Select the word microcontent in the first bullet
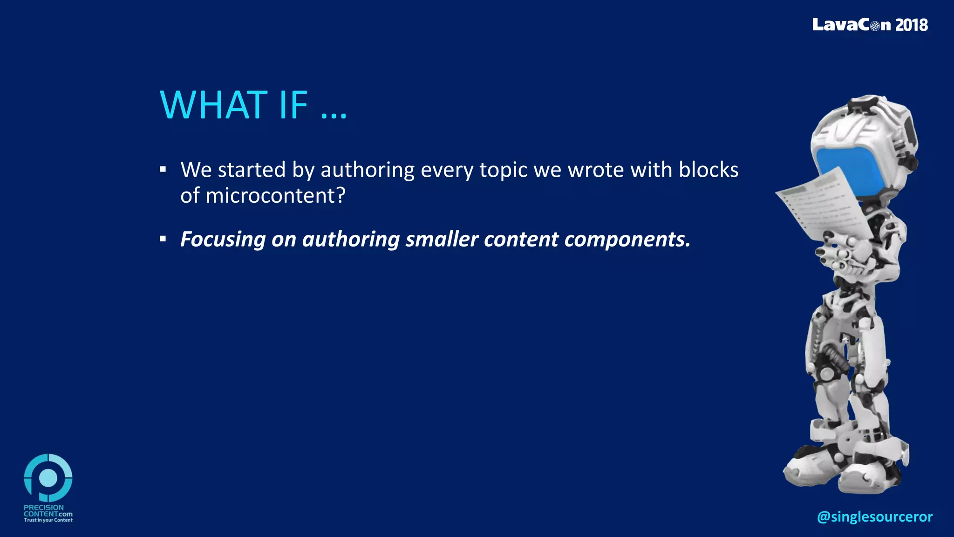click(270, 195)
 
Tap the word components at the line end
click(627, 240)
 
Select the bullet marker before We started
click(163, 170)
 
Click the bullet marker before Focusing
click(163, 239)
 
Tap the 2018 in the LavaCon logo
click(912, 25)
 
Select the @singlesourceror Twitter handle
click(875, 516)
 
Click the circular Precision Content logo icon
click(48, 478)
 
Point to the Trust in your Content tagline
click(48, 520)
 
